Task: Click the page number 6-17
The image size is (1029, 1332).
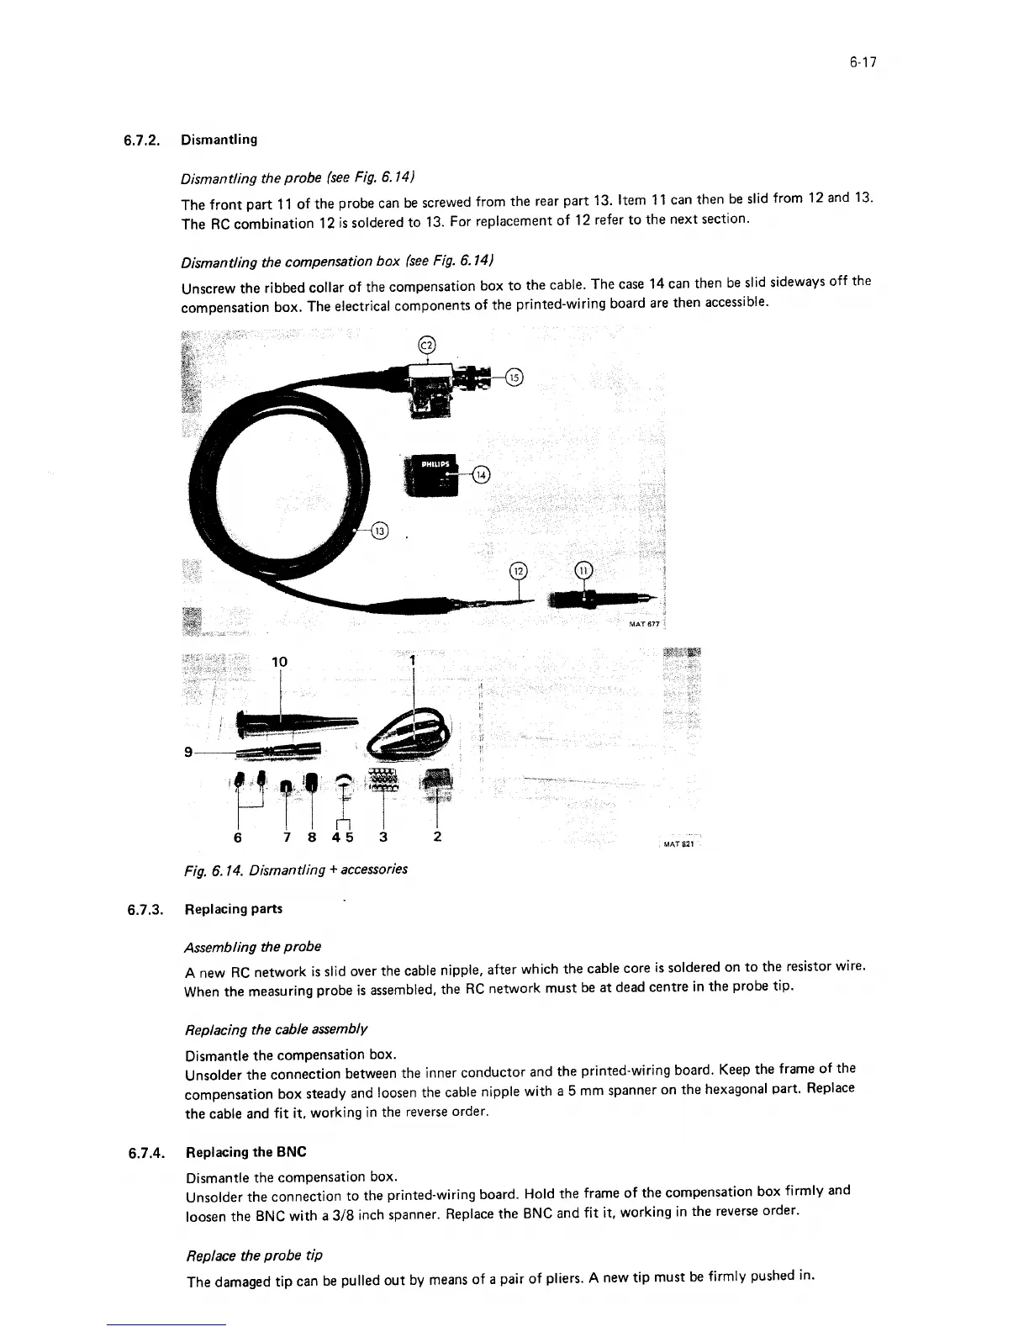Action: coord(863,61)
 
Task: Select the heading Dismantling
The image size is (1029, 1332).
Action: coord(219,140)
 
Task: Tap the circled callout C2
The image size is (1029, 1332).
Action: coord(427,344)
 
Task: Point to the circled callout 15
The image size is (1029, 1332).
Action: coord(514,378)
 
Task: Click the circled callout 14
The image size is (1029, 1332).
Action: coord(481,475)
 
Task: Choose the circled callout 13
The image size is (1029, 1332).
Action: coord(381,531)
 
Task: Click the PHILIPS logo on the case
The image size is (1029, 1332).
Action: coord(434,463)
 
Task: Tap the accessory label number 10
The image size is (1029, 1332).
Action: coord(279,662)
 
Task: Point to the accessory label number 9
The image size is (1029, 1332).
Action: coord(190,751)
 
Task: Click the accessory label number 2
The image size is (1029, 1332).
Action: coord(437,838)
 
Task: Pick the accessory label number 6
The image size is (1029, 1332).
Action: coord(239,838)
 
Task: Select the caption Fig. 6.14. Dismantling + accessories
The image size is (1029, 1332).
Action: coord(296,869)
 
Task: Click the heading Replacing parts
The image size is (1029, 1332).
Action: coord(233,909)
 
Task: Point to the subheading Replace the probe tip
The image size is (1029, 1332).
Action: coord(254,1255)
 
